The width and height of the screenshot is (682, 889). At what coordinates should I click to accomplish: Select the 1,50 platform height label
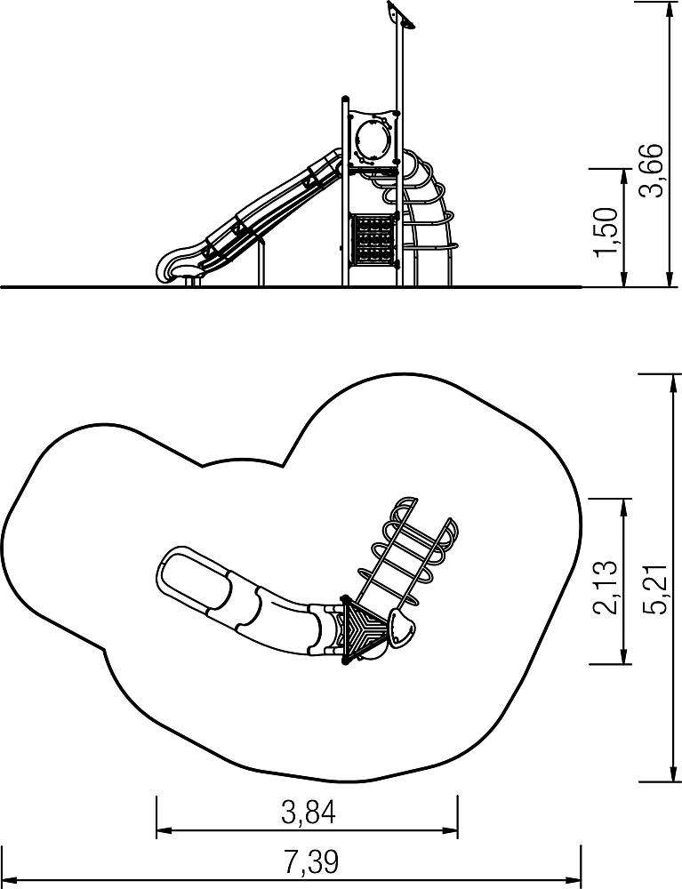click(606, 231)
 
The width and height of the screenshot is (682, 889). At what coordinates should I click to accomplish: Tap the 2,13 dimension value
click(605, 587)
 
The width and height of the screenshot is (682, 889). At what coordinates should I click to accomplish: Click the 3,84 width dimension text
click(309, 812)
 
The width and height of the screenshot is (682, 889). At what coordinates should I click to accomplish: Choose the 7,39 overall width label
click(311, 861)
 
